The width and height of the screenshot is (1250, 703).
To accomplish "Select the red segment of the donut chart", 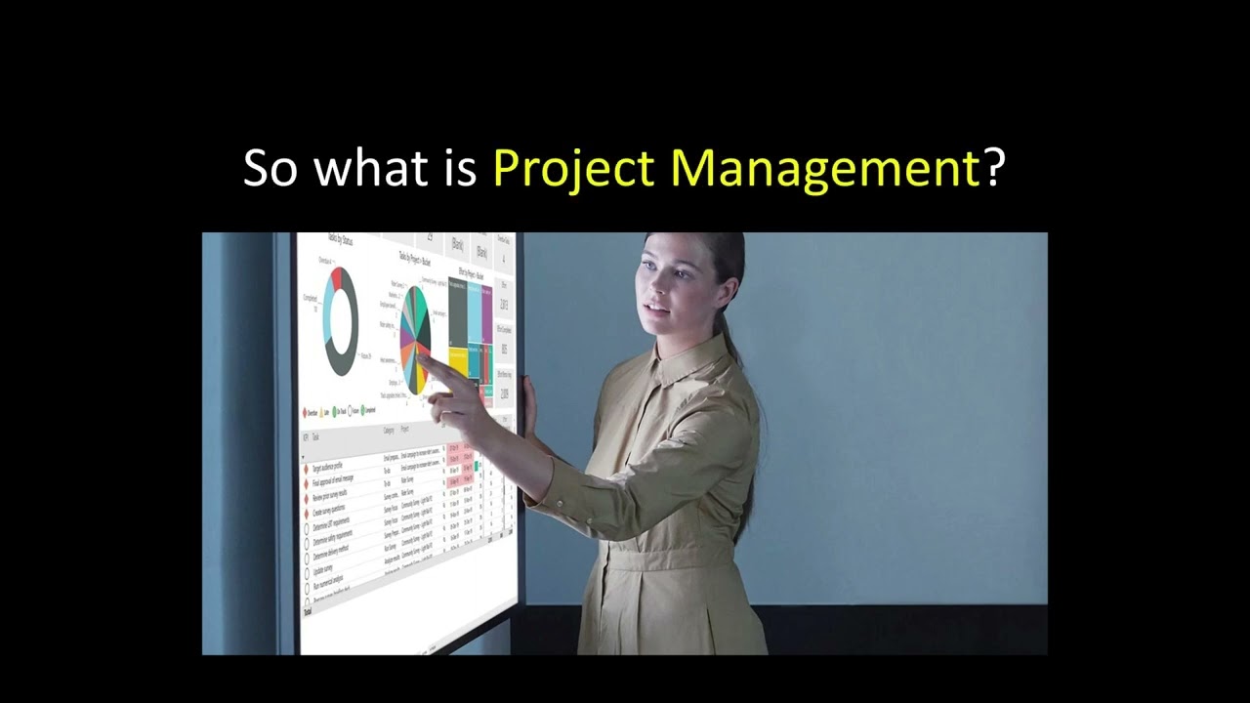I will click(337, 276).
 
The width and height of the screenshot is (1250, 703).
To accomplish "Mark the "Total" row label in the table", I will click(308, 611).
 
